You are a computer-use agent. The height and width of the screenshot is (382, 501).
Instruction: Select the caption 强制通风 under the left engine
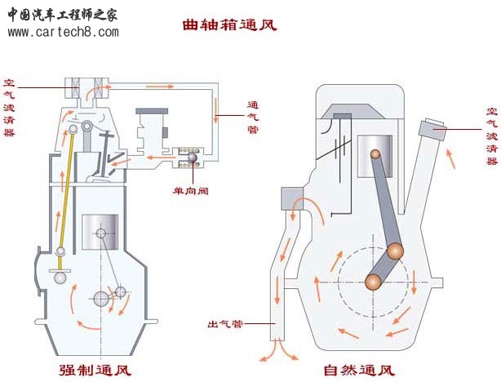pyautogui.click(x=95, y=370)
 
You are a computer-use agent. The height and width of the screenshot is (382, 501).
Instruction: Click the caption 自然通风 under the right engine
pyautogui.click(x=351, y=370)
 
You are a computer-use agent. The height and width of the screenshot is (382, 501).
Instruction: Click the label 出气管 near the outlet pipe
pyautogui.click(x=224, y=325)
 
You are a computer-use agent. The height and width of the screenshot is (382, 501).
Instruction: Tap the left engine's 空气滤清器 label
pyautogui.click(x=9, y=107)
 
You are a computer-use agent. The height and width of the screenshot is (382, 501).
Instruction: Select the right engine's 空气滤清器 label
pyautogui.click(x=491, y=135)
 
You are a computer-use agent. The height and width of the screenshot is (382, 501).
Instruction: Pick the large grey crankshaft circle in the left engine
pyautogui.click(x=103, y=299)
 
